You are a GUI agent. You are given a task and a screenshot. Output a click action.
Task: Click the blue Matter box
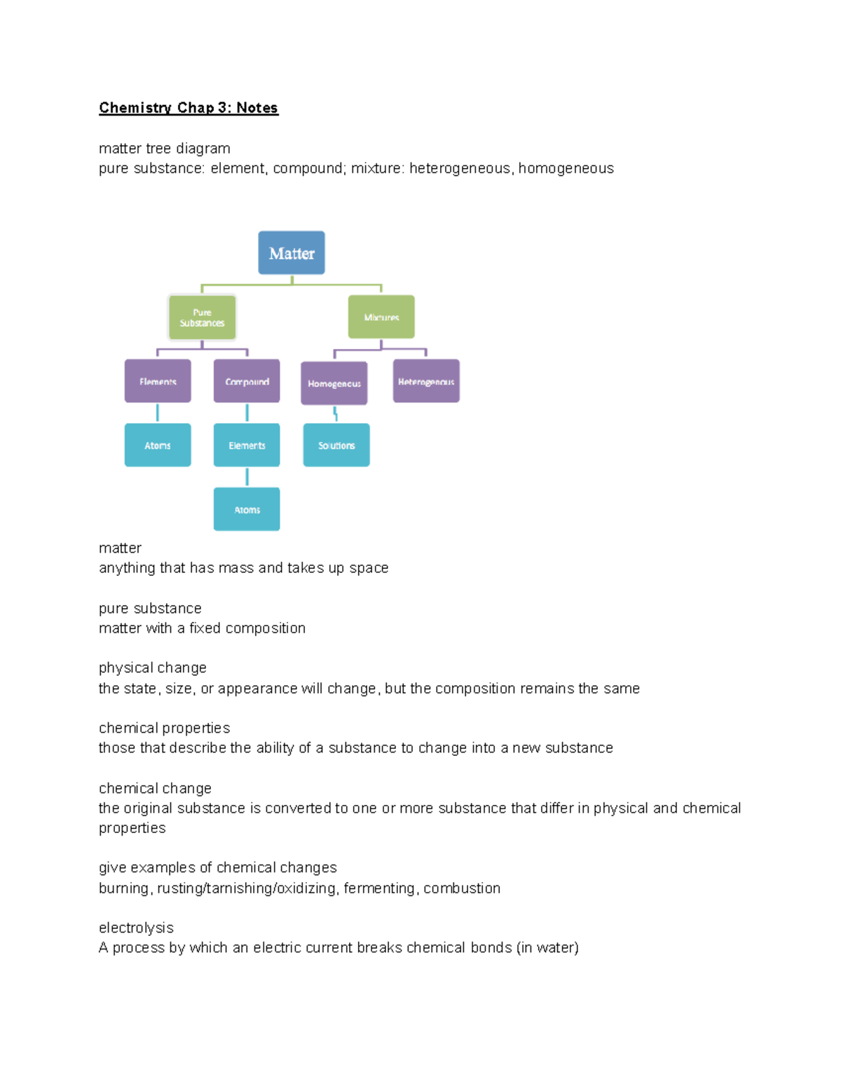(292, 253)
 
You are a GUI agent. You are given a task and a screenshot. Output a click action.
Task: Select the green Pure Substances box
(202, 317)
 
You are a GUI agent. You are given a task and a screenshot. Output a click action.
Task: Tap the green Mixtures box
(381, 317)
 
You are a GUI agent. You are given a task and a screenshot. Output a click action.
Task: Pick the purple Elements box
(158, 381)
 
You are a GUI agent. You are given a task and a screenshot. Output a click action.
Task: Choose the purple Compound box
(247, 381)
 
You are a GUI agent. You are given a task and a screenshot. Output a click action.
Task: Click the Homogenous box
(334, 383)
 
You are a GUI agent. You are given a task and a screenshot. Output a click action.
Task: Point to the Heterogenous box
(426, 381)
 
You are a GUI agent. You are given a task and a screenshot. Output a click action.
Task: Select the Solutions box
(336, 445)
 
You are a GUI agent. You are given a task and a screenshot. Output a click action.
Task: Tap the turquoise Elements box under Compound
(247, 445)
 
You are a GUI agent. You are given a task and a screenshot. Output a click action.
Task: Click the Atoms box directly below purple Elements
(158, 445)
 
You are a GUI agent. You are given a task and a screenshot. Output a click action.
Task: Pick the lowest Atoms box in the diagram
(247, 509)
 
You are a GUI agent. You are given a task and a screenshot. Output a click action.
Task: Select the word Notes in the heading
(257, 108)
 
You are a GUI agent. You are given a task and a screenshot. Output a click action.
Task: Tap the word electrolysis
(136, 928)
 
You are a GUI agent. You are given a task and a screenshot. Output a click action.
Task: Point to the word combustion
(462, 888)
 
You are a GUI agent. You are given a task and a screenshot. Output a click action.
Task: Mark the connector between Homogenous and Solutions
(336, 414)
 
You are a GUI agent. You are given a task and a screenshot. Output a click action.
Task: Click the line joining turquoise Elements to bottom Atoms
(247, 477)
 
